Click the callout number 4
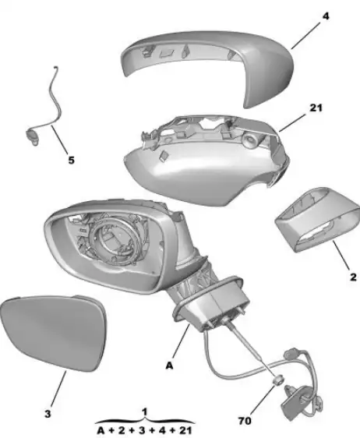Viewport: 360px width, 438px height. tap(326, 16)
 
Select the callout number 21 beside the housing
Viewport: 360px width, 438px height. tap(316, 108)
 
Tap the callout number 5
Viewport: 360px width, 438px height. tap(71, 161)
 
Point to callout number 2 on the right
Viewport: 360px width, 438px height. tap(353, 277)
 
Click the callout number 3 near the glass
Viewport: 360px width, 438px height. tap(48, 414)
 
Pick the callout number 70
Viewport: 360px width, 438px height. tap(245, 421)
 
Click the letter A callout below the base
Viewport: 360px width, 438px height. tap(170, 366)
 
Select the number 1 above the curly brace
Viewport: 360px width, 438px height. tap(144, 412)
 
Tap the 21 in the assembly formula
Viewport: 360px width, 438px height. tap(185, 430)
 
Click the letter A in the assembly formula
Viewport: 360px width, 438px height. tap(101, 430)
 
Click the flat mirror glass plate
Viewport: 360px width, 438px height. tap(54, 333)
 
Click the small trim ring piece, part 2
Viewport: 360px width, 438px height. tap(317, 220)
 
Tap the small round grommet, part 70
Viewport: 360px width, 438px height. tap(278, 380)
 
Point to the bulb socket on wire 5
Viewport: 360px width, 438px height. tap(33, 137)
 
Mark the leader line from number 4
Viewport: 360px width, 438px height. tap(305, 36)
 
